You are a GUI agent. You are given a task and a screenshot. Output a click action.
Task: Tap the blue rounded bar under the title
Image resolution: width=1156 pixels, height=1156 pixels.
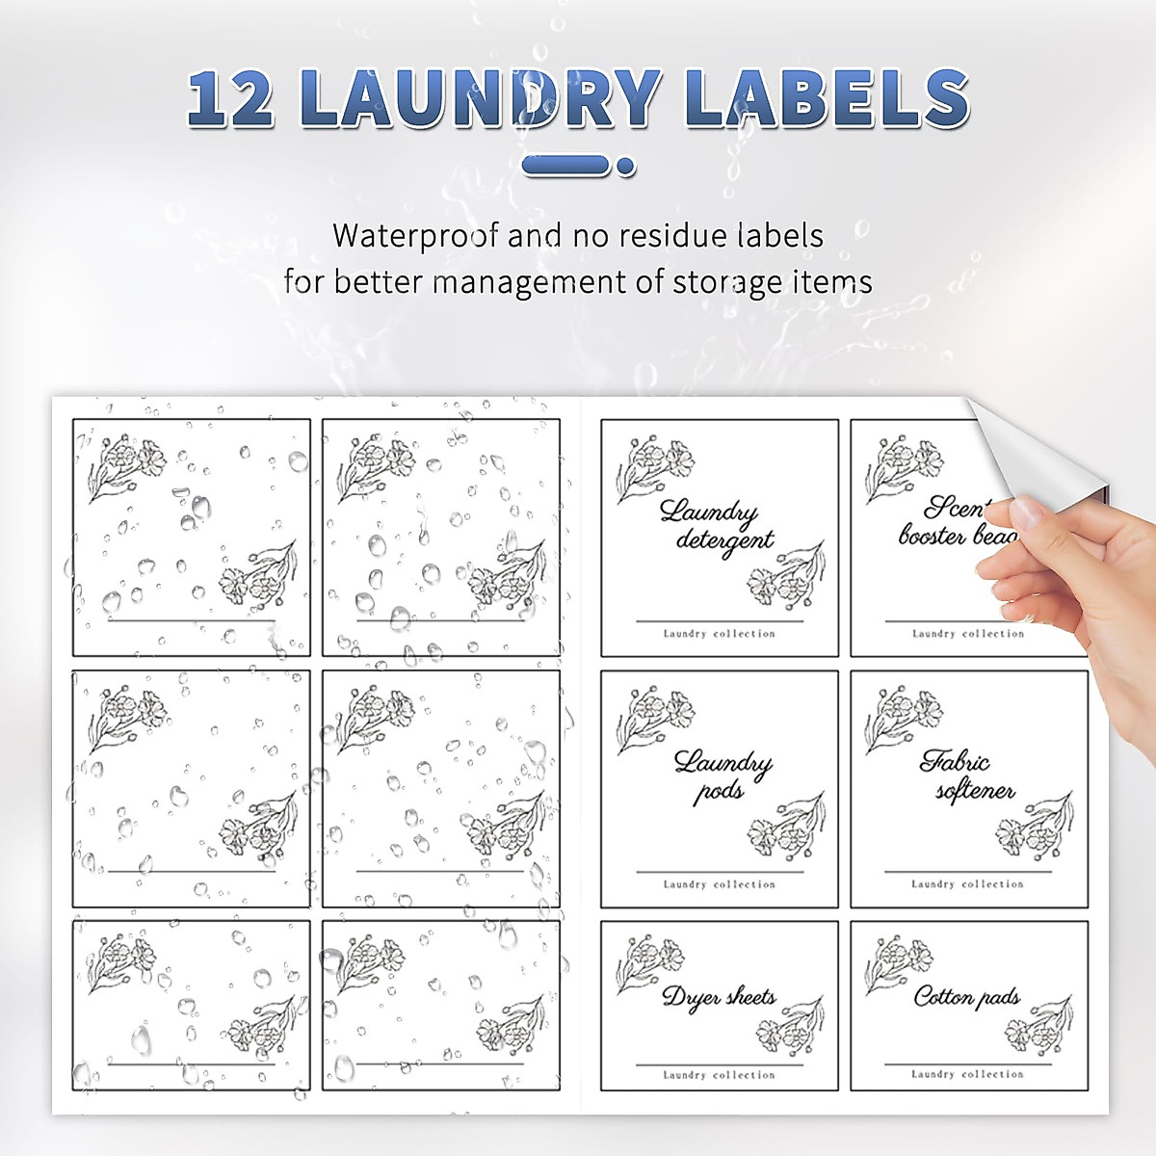(567, 168)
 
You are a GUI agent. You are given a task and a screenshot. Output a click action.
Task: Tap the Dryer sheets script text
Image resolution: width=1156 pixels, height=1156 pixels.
(719, 998)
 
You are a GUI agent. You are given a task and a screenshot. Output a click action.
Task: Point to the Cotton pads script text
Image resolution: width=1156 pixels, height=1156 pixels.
(966, 998)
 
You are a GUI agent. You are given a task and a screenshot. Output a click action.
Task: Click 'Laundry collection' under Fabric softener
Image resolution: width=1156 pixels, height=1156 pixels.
(967, 883)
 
